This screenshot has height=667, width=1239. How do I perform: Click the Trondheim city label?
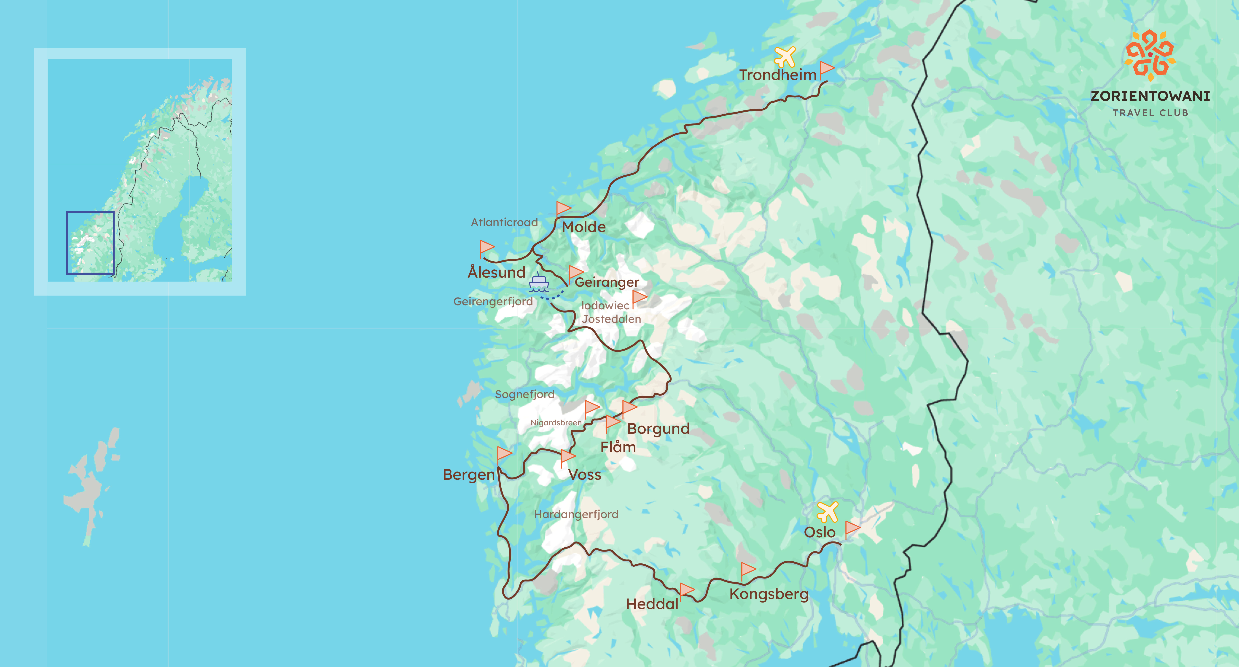(x=778, y=75)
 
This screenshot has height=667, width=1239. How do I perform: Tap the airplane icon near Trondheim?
(x=785, y=57)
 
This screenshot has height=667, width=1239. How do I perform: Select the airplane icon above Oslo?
(x=827, y=512)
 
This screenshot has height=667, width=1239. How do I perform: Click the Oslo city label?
(x=820, y=532)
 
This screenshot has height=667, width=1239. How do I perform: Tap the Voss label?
(x=584, y=475)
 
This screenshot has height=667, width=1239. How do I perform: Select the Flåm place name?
(x=618, y=447)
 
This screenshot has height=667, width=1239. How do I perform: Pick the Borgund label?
(x=658, y=429)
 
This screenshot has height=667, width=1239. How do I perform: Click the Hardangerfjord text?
(x=576, y=514)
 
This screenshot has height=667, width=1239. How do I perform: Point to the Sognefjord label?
(x=524, y=394)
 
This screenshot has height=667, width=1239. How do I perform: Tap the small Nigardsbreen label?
(x=556, y=423)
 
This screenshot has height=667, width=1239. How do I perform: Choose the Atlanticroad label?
(x=504, y=222)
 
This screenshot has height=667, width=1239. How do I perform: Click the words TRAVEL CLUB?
(x=1150, y=113)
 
